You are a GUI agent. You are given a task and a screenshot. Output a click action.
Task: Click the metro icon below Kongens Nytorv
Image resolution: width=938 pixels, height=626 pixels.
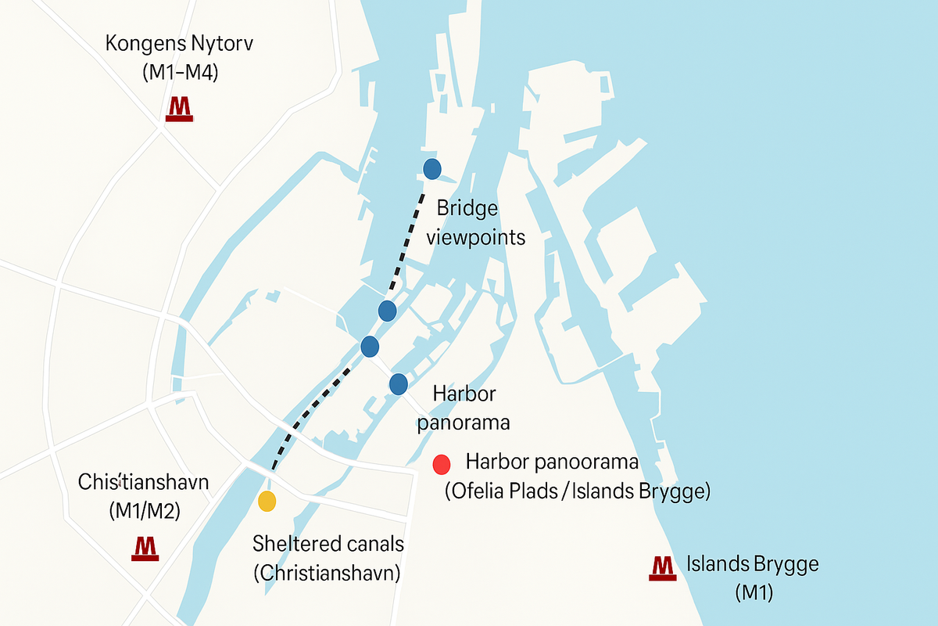click(x=180, y=109)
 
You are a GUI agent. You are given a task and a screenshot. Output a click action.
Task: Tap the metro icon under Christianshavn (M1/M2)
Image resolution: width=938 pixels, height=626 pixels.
click(x=145, y=548)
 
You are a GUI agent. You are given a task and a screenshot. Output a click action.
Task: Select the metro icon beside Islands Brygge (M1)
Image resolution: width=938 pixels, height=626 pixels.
click(x=662, y=567)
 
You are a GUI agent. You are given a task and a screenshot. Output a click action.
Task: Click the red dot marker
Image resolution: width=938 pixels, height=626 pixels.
click(x=442, y=464)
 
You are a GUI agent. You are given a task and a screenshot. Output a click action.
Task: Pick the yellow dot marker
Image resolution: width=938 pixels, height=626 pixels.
click(x=267, y=501)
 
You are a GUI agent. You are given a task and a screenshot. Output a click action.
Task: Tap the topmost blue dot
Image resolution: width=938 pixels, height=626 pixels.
click(x=432, y=168)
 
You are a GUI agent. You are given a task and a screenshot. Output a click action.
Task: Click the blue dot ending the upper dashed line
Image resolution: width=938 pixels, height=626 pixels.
click(x=388, y=311)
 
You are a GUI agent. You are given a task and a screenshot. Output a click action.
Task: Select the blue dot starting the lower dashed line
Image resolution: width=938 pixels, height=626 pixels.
click(x=370, y=346)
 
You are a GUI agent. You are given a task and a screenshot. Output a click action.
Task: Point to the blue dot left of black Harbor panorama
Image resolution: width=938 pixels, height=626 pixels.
click(x=399, y=383)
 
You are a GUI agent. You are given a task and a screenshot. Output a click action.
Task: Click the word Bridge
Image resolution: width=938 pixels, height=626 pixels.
click(x=467, y=209)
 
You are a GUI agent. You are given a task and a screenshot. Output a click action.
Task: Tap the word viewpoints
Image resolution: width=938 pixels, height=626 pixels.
click(x=476, y=237)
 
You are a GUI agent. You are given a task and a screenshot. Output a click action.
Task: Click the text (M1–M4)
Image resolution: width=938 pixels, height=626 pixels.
click(x=180, y=73)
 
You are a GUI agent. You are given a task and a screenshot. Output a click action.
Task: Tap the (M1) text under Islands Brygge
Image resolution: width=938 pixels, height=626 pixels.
click(x=754, y=592)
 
